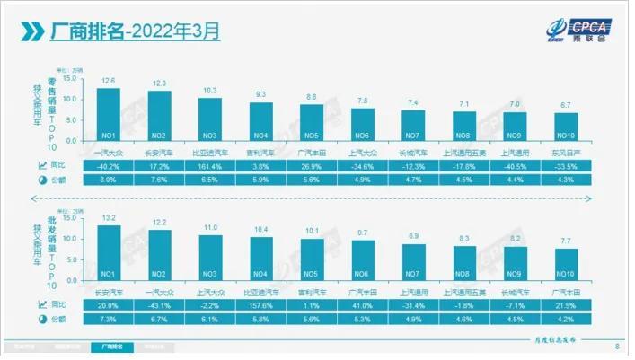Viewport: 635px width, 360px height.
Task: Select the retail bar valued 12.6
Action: tap(109, 116)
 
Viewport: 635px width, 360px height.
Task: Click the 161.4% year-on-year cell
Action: tap(210, 166)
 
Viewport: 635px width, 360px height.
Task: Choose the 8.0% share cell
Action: tap(109, 180)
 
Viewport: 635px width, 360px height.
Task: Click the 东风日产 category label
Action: tap(565, 152)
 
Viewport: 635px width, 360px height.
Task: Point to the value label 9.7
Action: tap(362, 233)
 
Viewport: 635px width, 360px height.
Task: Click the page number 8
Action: tap(616, 346)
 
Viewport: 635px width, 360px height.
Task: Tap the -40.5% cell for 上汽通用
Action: tap(515, 166)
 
